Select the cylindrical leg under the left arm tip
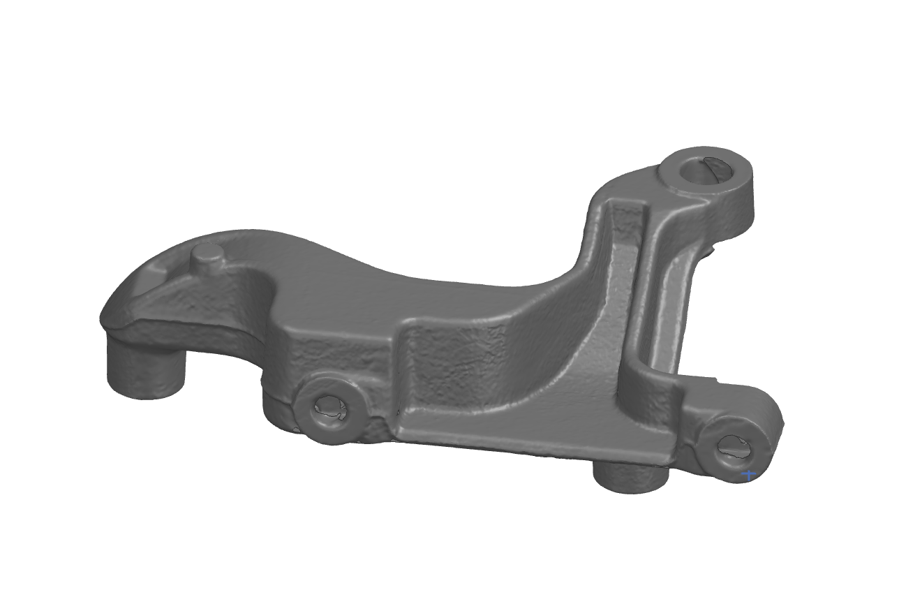coord(145,369)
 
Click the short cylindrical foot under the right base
coord(630,478)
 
